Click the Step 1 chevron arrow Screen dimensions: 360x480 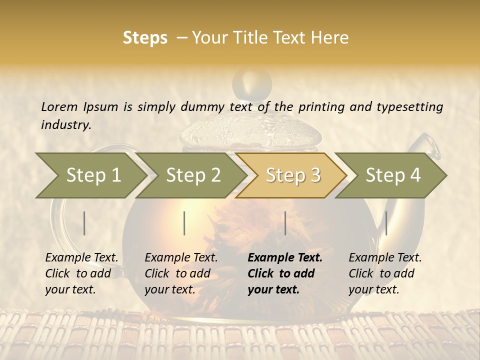tap(92, 175)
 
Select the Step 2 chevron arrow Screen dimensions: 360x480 tap(192, 175)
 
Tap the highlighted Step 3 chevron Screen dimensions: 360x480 tap(292, 175)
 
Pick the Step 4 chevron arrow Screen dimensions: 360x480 tap(392, 175)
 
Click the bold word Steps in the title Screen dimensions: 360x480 tap(145, 38)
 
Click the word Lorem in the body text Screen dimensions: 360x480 tap(59, 106)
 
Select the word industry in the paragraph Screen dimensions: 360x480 tap(66, 125)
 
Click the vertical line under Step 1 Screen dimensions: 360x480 tap(84, 223)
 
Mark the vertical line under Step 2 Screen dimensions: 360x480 tap(184, 223)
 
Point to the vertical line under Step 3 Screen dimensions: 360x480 tap(285, 223)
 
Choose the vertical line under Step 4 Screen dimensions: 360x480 tap(386, 223)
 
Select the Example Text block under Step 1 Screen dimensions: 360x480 tap(81, 273)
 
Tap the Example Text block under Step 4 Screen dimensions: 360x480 tap(385, 273)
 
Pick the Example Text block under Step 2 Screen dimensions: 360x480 tap(181, 273)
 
